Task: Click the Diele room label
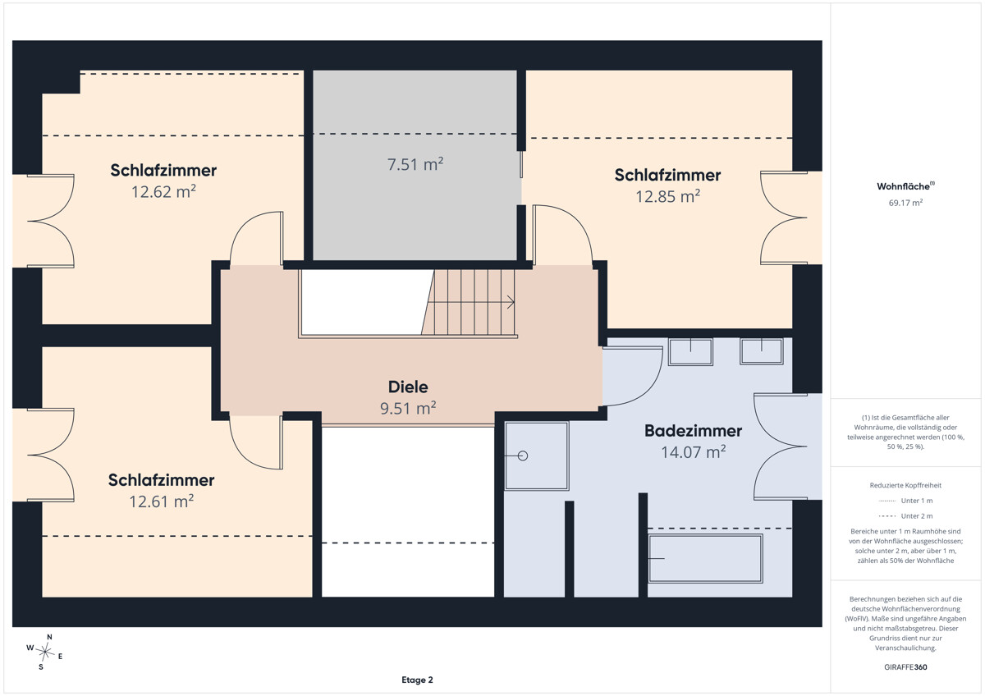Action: tap(408, 387)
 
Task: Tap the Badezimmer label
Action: tap(693, 431)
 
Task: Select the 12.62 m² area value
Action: tap(163, 192)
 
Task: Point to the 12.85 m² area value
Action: tap(667, 196)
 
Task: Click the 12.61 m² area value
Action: tap(162, 501)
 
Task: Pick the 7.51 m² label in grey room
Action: tap(415, 164)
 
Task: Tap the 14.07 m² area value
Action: tap(693, 452)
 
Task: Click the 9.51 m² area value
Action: tap(408, 408)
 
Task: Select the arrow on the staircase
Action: tap(471, 302)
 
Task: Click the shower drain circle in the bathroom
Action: tap(523, 456)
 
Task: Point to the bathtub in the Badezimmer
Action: tap(705, 558)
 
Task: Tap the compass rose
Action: tap(45, 652)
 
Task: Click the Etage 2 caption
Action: tap(417, 680)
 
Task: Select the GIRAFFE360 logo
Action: tap(905, 667)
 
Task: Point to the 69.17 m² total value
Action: tap(905, 203)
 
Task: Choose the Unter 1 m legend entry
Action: tap(905, 501)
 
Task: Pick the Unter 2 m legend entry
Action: tap(905, 515)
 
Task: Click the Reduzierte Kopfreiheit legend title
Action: tap(905, 485)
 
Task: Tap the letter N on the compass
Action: tap(50, 637)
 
